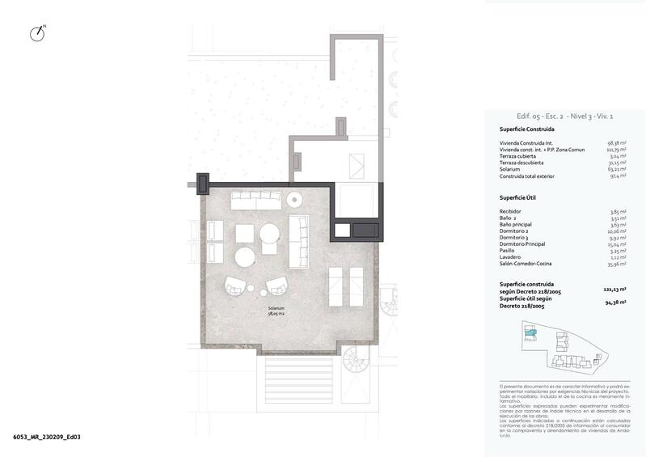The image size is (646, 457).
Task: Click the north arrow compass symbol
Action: [36, 34]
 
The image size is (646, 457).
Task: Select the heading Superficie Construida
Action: [526, 129]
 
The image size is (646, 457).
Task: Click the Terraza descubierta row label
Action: [521, 162]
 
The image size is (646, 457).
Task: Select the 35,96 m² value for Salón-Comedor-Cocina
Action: [619, 264]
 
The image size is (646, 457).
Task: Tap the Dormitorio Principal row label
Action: [523, 243]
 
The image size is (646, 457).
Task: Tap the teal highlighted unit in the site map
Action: [530, 332]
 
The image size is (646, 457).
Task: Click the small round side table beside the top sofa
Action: [294, 200]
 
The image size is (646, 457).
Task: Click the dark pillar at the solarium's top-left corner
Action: [202, 183]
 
